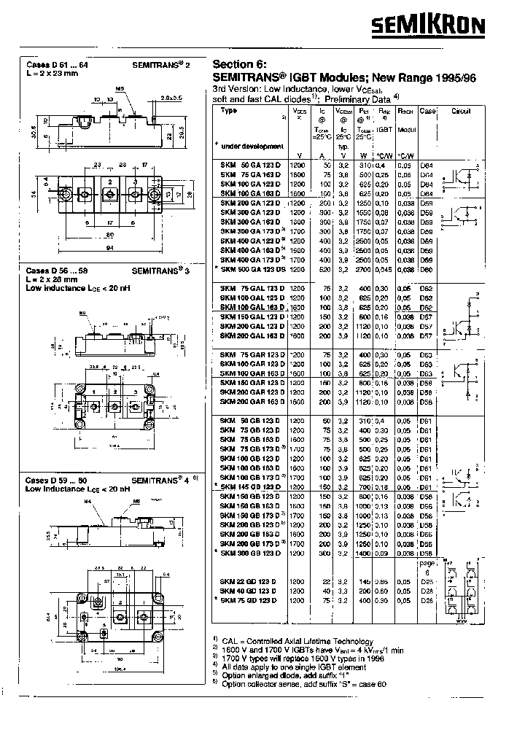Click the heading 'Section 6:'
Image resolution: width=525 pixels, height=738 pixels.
tap(239, 63)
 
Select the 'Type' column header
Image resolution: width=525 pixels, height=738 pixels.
tap(229, 111)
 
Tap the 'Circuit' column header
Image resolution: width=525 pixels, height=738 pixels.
tap(462, 111)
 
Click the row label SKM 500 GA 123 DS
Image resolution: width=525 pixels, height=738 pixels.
tap(249, 268)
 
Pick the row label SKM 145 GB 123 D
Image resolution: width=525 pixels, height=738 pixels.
tap(249, 486)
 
